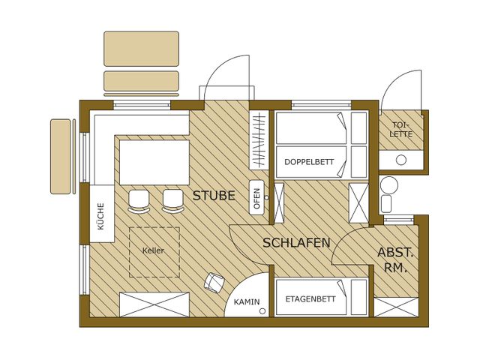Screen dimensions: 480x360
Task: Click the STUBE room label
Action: coord(214,196)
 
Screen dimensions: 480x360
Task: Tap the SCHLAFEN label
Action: coord(297,243)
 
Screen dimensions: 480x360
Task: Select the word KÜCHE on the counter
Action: coord(100,217)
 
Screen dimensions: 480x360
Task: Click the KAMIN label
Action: coord(247,302)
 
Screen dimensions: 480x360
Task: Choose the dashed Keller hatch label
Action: coord(153,250)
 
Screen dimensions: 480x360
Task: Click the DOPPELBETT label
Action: coord(309,162)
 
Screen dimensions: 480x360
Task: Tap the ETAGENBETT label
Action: coord(310,299)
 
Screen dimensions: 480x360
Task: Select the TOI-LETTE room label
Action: coord(401,130)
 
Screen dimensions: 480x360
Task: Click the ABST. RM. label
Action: coord(395,260)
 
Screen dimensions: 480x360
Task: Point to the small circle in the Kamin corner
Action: coord(262,311)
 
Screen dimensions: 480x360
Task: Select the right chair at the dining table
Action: coord(173,202)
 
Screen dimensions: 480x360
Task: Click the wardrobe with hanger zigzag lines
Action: coord(259,139)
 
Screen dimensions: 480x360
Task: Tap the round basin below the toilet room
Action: coord(389,184)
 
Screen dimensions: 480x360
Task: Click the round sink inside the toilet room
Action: coord(401,160)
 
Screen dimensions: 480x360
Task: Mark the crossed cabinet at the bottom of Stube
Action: coord(154,304)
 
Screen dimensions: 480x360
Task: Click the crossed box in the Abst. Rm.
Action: coord(396,307)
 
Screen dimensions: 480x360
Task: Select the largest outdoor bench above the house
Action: coord(141,49)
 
